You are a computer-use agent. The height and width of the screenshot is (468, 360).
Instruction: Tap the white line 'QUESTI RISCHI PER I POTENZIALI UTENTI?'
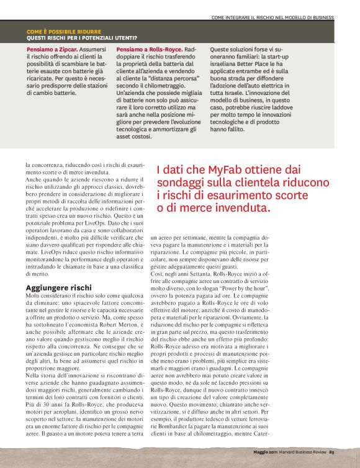click(x=82, y=38)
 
